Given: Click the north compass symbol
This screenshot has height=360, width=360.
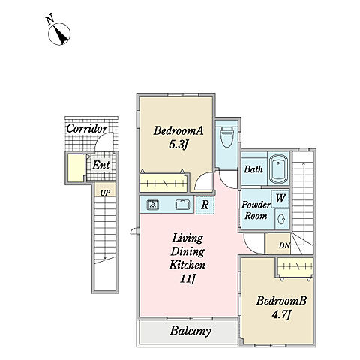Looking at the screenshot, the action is (59, 34).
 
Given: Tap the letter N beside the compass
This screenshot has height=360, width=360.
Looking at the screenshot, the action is (50, 20).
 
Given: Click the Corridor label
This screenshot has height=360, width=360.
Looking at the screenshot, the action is (87, 129).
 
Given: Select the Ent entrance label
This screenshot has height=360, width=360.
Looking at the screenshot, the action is (100, 165).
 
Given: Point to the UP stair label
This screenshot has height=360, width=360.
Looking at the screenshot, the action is (105, 193).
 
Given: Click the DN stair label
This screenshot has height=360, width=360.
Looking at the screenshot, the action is (284, 246).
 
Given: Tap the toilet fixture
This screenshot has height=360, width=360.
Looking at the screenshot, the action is (227, 136).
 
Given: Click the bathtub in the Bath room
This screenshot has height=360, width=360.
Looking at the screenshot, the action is (278, 169).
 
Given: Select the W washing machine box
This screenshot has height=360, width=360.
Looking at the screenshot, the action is (280, 199).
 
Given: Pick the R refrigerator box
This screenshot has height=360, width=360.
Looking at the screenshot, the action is (205, 205).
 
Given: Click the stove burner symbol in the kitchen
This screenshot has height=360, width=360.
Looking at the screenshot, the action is (153, 205).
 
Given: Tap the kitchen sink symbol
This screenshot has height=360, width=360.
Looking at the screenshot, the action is (183, 205).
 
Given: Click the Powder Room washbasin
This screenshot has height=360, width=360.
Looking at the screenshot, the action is (282, 219).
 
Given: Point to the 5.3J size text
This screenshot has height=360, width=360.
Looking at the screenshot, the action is (178, 145).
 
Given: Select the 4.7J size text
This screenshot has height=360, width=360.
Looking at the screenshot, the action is (281, 314).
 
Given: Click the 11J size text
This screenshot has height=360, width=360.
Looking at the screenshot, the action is (187, 279).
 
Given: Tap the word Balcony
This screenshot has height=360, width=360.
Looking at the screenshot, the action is (190, 331).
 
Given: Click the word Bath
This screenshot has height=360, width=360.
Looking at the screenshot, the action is (253, 169).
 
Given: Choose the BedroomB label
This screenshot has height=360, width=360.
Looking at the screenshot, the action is (281, 301).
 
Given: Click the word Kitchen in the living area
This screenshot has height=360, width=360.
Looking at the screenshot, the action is (187, 265).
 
